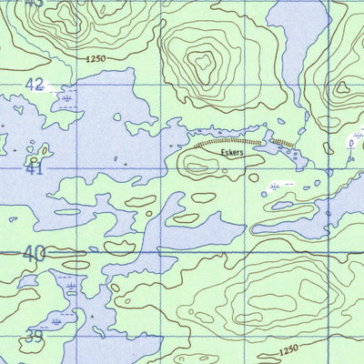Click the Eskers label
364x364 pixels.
[233, 155]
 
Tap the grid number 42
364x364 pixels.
[35, 84]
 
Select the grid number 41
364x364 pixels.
[35, 168]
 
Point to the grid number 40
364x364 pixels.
[35, 254]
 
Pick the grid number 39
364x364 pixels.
[33, 337]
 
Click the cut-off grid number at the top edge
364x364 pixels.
[34, 3]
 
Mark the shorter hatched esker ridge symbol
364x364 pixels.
[282, 143]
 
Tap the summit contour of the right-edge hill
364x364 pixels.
[343, 88]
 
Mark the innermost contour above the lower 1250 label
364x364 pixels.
[273, 300]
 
